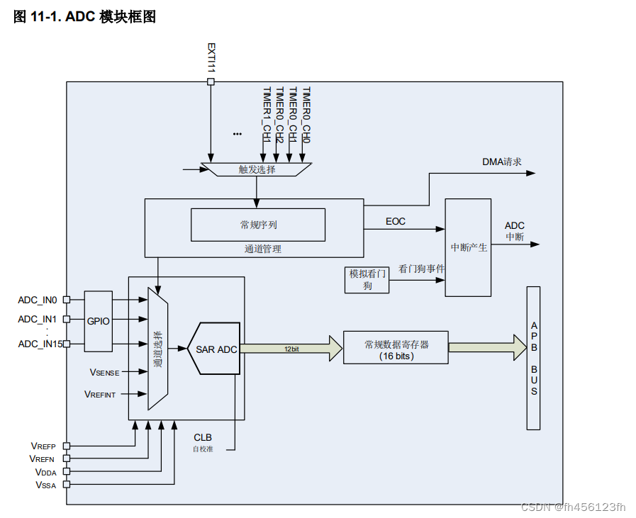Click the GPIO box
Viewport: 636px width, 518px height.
tap(99, 321)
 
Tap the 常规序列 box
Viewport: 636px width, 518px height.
tap(258, 225)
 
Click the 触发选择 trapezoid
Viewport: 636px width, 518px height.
tap(257, 169)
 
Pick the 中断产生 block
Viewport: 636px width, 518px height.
tap(468, 247)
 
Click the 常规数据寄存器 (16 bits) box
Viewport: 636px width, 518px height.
tap(396, 347)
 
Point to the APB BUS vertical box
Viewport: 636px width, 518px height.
tap(533, 358)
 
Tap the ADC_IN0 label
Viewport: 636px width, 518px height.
tap(38, 300)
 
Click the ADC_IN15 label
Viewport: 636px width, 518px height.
tap(40, 344)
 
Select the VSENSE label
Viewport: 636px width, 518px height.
tap(104, 371)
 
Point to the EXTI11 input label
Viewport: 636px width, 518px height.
tap(211, 57)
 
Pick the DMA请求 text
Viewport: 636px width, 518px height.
tap(501, 162)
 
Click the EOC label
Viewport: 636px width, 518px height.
tap(396, 221)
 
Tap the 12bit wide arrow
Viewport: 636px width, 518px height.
tap(291, 349)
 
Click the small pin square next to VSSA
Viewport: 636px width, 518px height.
tap(67, 485)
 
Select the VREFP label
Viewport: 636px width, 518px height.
tap(43, 446)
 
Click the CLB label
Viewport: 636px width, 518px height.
tap(203, 437)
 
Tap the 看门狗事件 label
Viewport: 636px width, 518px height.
tap(422, 269)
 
